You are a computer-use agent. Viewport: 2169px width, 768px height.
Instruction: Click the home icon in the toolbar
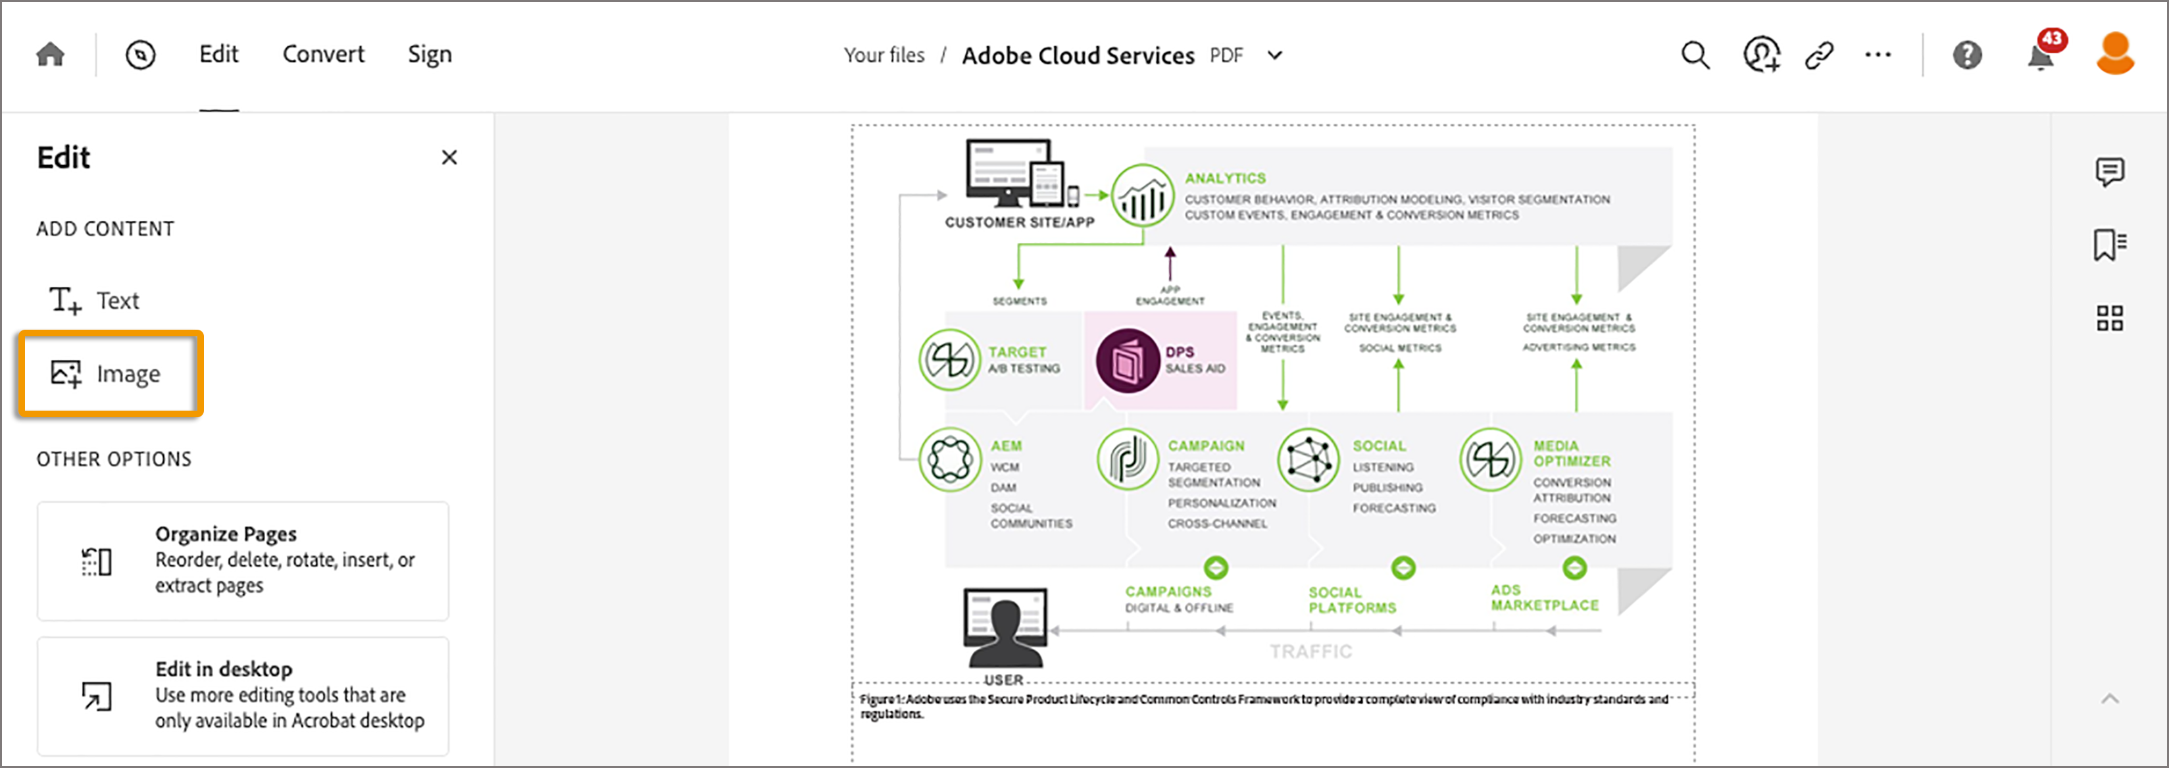coord(51,55)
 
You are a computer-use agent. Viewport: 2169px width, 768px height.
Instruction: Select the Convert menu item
coord(323,55)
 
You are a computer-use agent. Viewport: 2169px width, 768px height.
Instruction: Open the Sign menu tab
coord(430,55)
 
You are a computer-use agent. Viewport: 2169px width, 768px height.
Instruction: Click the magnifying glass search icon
coord(1695,55)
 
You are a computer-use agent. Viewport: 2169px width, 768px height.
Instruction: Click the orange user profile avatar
coord(2114,54)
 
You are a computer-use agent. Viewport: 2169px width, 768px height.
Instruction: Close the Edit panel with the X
coord(449,157)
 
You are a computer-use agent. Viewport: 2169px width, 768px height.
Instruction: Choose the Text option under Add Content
coord(95,301)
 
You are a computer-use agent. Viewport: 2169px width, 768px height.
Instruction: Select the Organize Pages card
coord(243,561)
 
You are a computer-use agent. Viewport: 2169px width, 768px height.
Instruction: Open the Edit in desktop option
coord(243,696)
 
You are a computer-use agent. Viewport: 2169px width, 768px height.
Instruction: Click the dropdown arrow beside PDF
coord(1275,55)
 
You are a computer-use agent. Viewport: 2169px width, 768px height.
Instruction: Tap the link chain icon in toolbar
coord(1819,55)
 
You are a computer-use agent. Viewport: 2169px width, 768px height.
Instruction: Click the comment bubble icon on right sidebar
coord(2109,172)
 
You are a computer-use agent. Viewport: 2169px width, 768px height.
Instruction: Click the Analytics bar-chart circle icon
coord(1143,196)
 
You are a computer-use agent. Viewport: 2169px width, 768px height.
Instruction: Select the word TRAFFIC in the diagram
coord(1311,652)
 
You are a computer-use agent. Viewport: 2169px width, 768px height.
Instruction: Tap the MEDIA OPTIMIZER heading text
coord(1571,453)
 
